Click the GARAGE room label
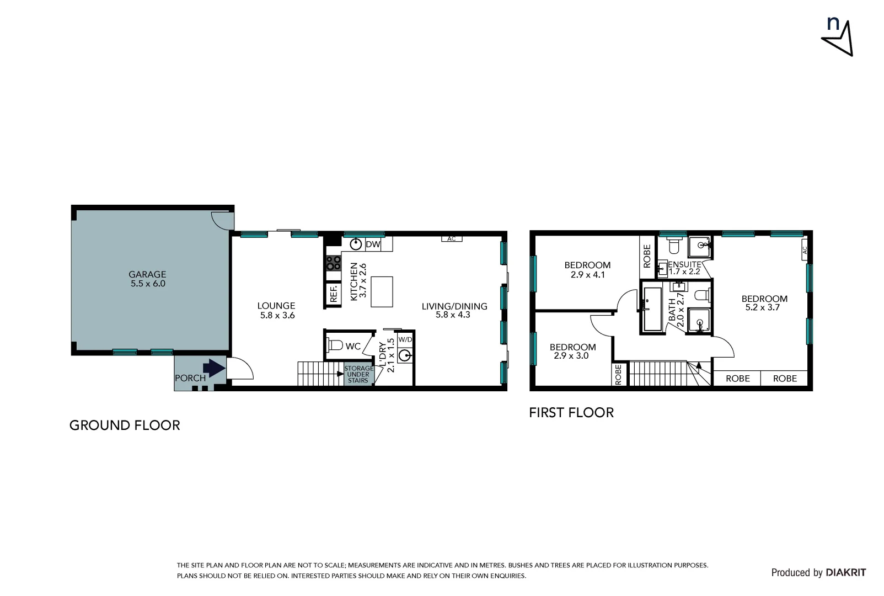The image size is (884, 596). (x=147, y=274)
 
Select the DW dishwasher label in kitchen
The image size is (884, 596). (x=373, y=244)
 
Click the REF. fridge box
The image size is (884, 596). (x=334, y=294)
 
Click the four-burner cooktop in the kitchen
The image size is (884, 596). (x=333, y=263)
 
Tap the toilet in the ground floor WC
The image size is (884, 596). (x=335, y=345)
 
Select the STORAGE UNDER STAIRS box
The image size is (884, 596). (x=358, y=374)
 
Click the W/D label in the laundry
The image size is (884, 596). (x=405, y=339)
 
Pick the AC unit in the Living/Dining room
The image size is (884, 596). (x=452, y=239)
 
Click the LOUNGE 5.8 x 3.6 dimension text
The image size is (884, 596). (x=276, y=316)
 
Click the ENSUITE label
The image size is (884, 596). (x=684, y=264)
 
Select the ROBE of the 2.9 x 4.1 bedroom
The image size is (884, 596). (x=647, y=256)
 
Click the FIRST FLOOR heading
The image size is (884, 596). (x=571, y=412)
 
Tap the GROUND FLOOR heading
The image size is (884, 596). (x=125, y=425)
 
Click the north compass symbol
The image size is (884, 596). (x=838, y=37)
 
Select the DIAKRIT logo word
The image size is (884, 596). (x=846, y=573)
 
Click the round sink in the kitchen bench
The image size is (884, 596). (x=357, y=244)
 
